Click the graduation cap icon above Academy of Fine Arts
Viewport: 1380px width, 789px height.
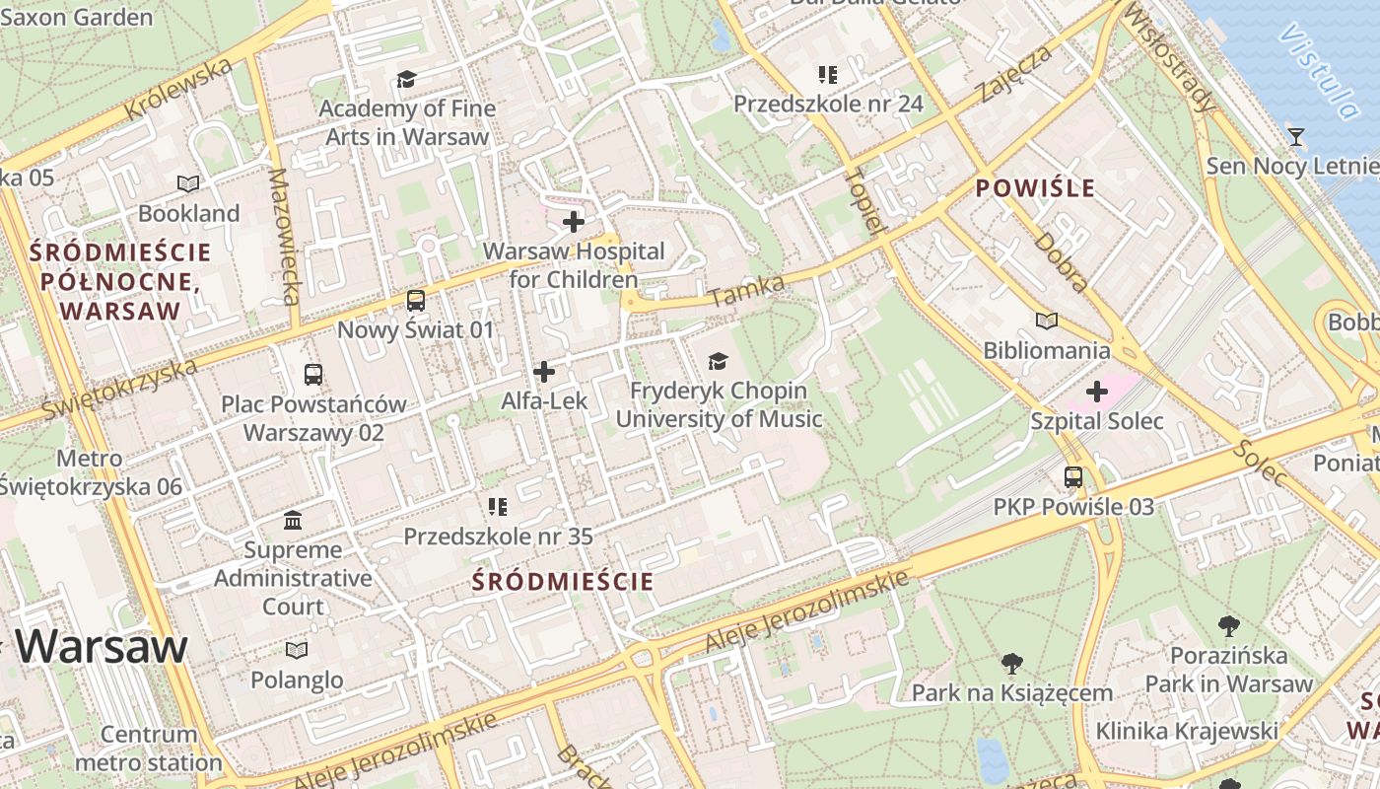[406, 80]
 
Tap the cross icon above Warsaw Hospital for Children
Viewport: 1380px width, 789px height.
[574, 222]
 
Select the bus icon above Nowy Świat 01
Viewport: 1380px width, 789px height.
[416, 301]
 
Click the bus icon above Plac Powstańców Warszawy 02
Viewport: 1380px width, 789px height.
[313, 375]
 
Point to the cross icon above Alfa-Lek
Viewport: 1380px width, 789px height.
[544, 372]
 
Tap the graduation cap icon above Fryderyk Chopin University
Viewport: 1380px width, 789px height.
[719, 362]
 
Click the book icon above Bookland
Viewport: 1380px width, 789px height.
[188, 183]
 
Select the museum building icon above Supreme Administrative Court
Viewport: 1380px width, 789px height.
[293, 520]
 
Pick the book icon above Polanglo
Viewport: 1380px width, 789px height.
[297, 650]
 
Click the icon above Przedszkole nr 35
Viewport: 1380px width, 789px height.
[498, 507]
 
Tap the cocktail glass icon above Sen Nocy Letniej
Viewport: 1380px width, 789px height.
[1296, 136]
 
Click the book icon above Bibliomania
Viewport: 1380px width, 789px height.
[1047, 321]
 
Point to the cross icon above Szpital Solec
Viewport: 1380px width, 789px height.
[1097, 392]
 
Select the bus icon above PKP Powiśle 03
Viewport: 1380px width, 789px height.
[1073, 477]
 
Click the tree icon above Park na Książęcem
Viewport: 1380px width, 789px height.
[1011, 663]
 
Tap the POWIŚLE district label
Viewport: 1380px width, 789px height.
[1035, 188]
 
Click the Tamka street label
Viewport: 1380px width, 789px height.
[746, 291]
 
